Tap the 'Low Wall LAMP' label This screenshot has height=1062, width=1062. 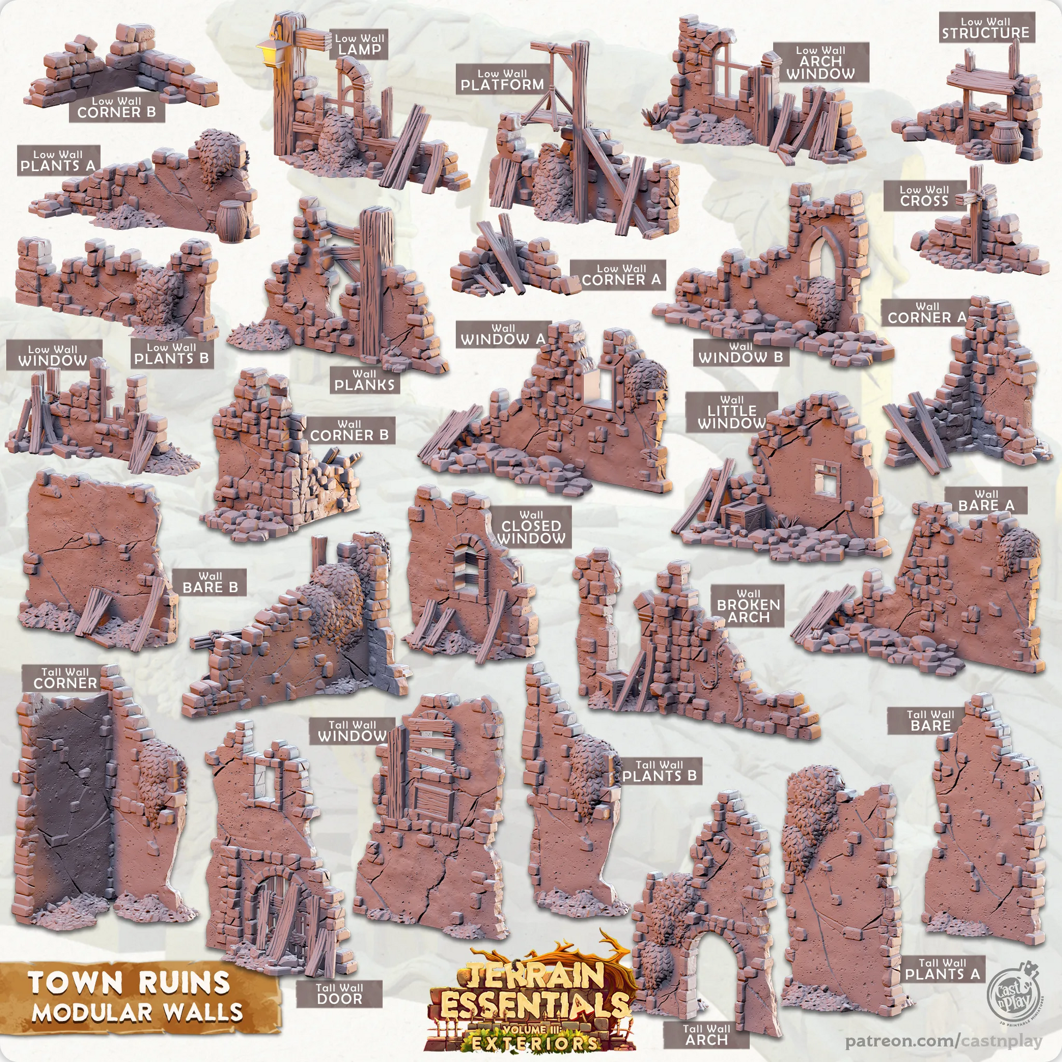pyautogui.click(x=359, y=44)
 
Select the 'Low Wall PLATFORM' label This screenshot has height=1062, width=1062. pyautogui.click(x=502, y=79)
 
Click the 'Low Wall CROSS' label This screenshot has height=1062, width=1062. pyautogui.click(x=924, y=196)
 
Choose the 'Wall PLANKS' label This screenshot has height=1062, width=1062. pyautogui.click(x=365, y=380)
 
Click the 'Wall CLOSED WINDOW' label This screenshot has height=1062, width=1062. pyautogui.click(x=532, y=527)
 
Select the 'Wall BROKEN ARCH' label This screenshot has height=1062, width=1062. pyautogui.click(x=748, y=606)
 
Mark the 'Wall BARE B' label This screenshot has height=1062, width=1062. pyautogui.click(x=210, y=582)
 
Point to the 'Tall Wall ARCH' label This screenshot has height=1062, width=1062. pyautogui.click(x=706, y=1035)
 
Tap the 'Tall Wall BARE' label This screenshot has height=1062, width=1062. pyautogui.click(x=930, y=720)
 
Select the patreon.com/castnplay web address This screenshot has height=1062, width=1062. pyautogui.click(x=943, y=1041)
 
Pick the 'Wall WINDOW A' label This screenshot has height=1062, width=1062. pyautogui.click(x=503, y=335)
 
